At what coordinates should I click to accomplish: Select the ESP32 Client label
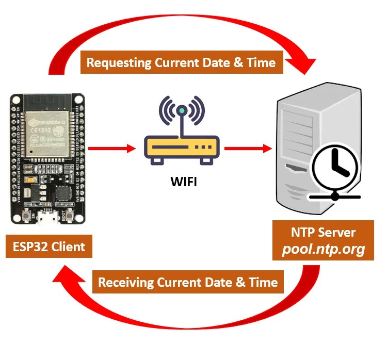49,247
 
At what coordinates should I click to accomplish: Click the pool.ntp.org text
324,250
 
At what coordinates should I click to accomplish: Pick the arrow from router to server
248,149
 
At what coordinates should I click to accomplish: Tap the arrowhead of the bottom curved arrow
67,279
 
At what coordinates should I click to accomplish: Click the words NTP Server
324,233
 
